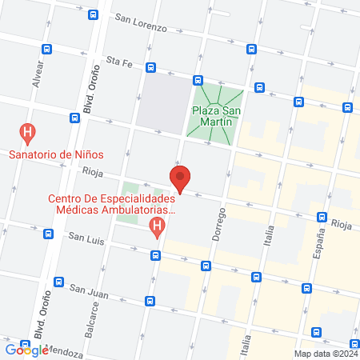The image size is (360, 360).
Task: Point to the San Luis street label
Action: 86,237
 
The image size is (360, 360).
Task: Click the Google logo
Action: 27,350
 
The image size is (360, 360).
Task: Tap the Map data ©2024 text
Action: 326,353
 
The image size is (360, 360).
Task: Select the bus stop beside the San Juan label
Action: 150,301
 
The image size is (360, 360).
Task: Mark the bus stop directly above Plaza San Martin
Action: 197,79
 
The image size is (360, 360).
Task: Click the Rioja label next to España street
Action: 341,225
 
